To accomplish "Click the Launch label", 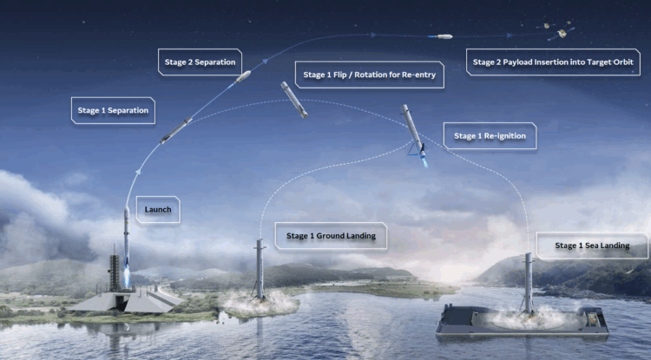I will (x=158, y=210).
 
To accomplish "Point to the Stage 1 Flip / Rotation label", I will (x=370, y=75).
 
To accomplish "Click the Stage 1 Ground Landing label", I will (x=331, y=235).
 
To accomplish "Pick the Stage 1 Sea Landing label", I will (x=591, y=246).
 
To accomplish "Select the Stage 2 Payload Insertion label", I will (x=555, y=62).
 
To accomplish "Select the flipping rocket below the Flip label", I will (x=294, y=100).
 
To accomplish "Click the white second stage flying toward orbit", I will (x=444, y=36).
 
